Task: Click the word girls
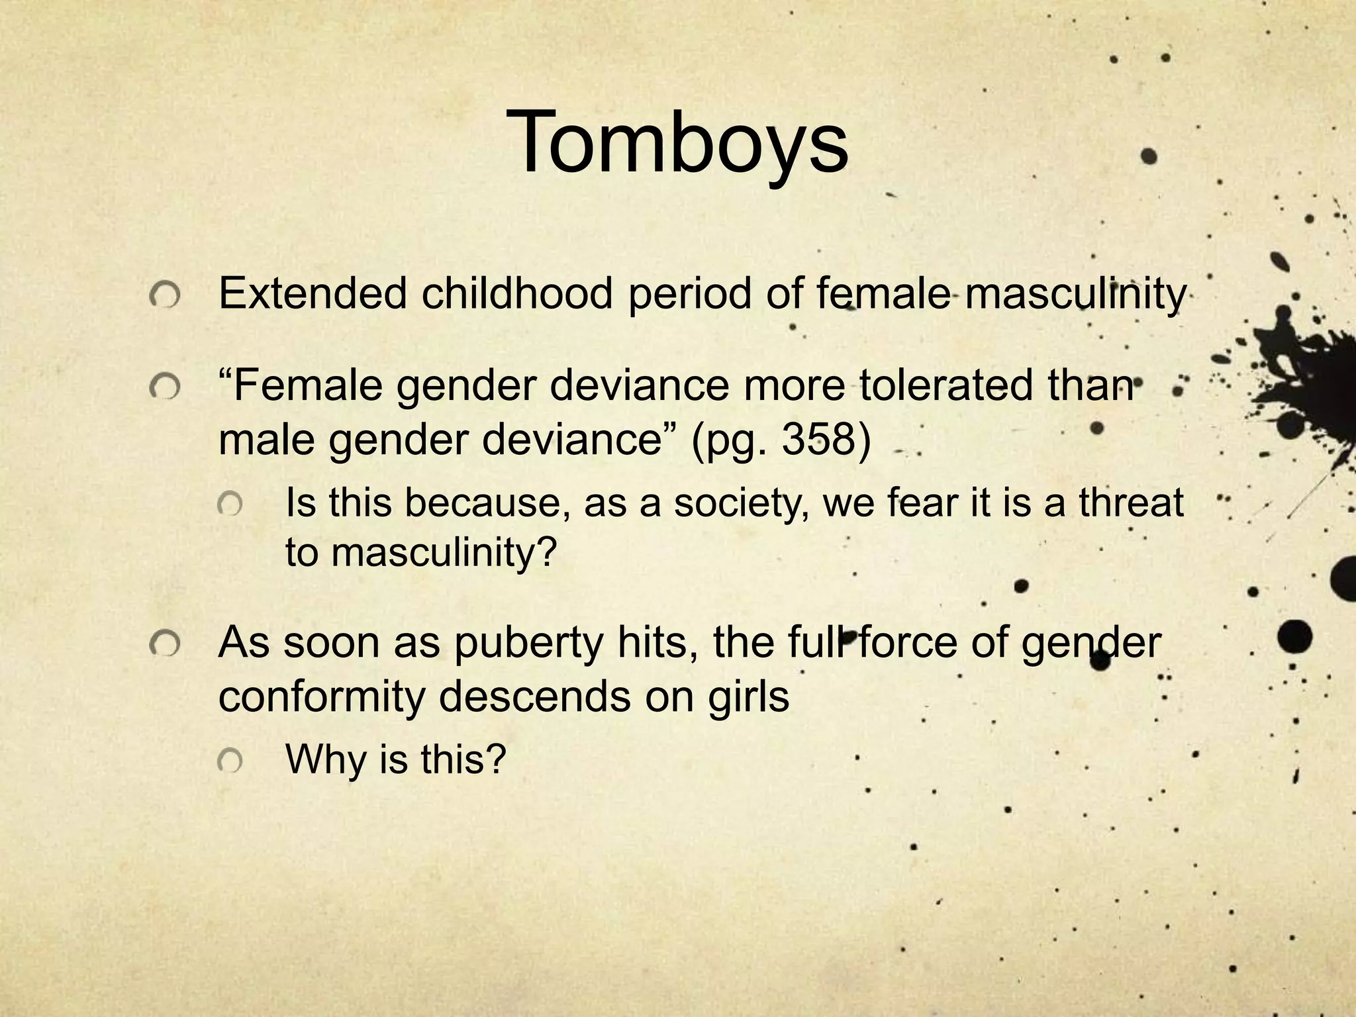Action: pos(748,697)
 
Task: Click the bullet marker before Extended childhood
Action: pos(164,297)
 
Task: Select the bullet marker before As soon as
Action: pos(164,644)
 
